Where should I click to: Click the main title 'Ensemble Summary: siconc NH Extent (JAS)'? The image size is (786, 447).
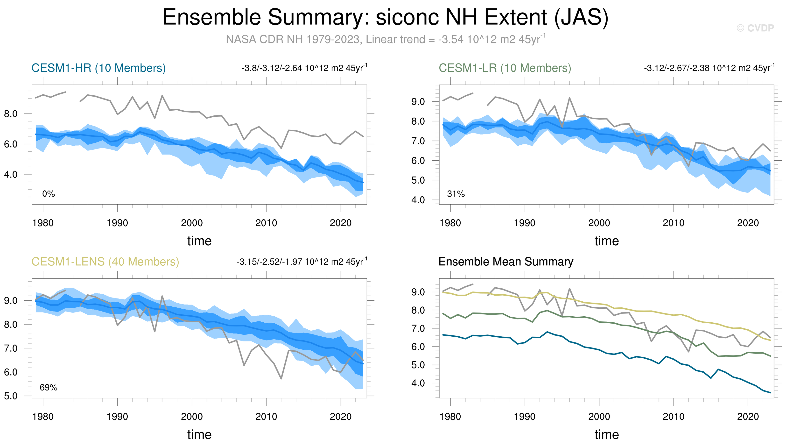click(385, 17)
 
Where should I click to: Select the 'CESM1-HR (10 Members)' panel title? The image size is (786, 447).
click(98, 68)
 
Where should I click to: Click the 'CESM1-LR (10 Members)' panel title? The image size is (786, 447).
click(505, 68)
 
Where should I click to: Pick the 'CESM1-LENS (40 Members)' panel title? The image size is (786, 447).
click(105, 262)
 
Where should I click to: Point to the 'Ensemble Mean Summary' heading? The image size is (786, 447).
click(505, 262)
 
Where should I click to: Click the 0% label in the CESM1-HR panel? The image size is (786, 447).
click(49, 194)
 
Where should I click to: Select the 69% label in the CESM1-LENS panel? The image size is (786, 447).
click(49, 387)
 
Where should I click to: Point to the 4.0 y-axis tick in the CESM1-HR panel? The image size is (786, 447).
click(11, 174)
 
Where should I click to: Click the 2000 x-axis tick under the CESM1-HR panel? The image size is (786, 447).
click(192, 223)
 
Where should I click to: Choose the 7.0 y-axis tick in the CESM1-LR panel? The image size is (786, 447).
click(418, 141)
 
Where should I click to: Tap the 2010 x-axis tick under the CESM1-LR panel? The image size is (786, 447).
click(674, 223)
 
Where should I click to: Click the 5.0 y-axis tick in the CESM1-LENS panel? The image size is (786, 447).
click(11, 396)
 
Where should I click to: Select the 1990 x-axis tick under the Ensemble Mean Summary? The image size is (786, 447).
click(525, 417)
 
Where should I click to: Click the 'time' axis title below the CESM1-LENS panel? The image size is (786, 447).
click(199, 434)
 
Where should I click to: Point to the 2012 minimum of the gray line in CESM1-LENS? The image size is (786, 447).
click(281, 379)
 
